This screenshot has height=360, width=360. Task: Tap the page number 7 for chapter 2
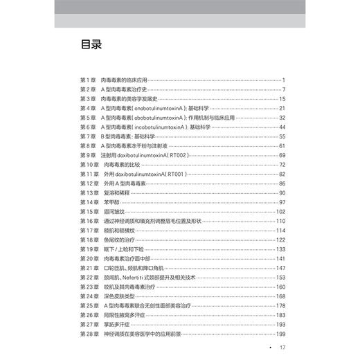pyautogui.click(x=284, y=89)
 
